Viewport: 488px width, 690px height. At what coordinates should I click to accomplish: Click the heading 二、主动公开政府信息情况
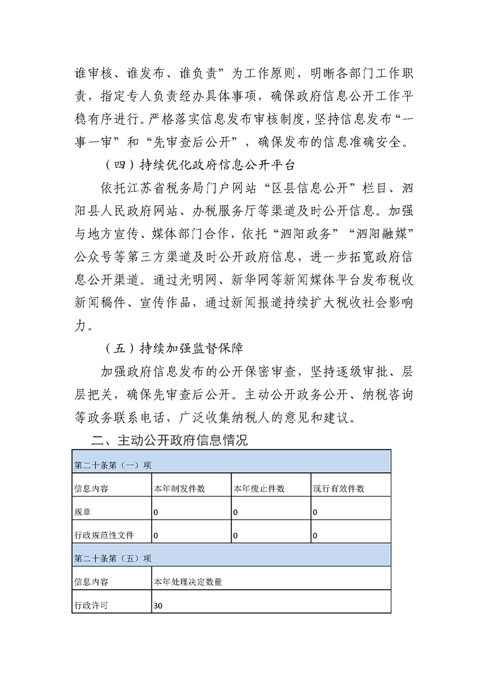tap(169, 440)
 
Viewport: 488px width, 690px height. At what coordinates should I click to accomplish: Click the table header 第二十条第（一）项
tap(113, 465)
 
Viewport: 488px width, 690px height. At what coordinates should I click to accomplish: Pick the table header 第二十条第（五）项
tap(113, 558)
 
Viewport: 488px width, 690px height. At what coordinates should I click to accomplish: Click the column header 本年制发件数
tap(179, 488)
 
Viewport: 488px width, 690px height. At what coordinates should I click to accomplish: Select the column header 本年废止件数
tap(258, 488)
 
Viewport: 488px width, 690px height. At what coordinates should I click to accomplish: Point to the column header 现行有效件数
tap(338, 488)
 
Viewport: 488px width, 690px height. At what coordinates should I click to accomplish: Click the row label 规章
tap(81, 512)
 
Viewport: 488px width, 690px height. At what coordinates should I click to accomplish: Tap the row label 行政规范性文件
tap(104, 535)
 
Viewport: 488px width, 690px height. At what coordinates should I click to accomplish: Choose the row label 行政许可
tap(90, 605)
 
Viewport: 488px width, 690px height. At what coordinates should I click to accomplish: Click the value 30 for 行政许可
tap(158, 606)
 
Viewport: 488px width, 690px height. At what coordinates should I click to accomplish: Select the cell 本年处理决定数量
tap(188, 582)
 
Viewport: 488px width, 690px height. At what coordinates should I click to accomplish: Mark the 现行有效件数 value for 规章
tap(315, 512)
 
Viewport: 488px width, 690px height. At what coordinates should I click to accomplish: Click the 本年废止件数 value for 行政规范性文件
tap(235, 536)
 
